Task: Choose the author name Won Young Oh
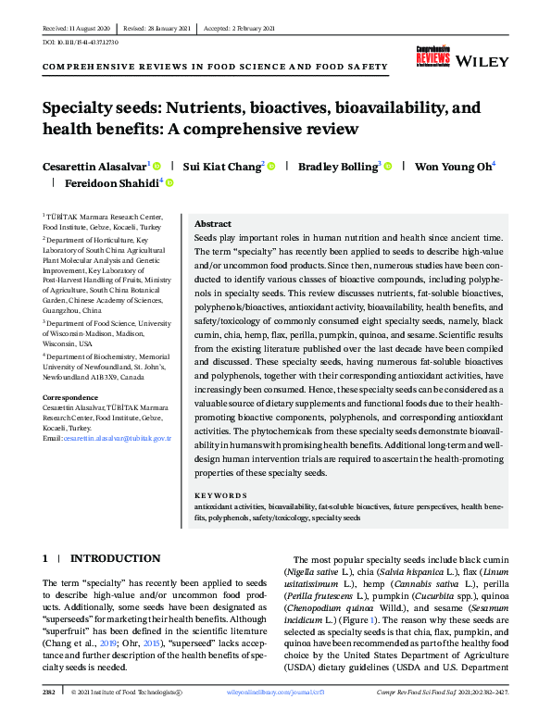[441, 166]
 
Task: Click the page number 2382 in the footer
[49, 717]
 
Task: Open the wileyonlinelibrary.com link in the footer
[285, 717]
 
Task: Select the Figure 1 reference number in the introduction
[372, 644]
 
